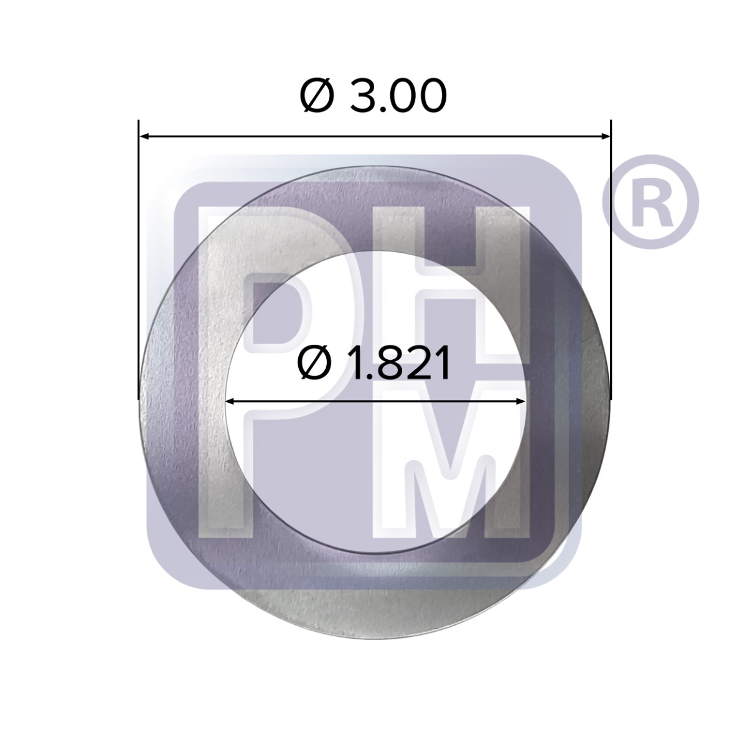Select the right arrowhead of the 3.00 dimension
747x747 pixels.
[604, 135]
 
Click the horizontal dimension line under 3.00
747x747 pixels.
[374, 135]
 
